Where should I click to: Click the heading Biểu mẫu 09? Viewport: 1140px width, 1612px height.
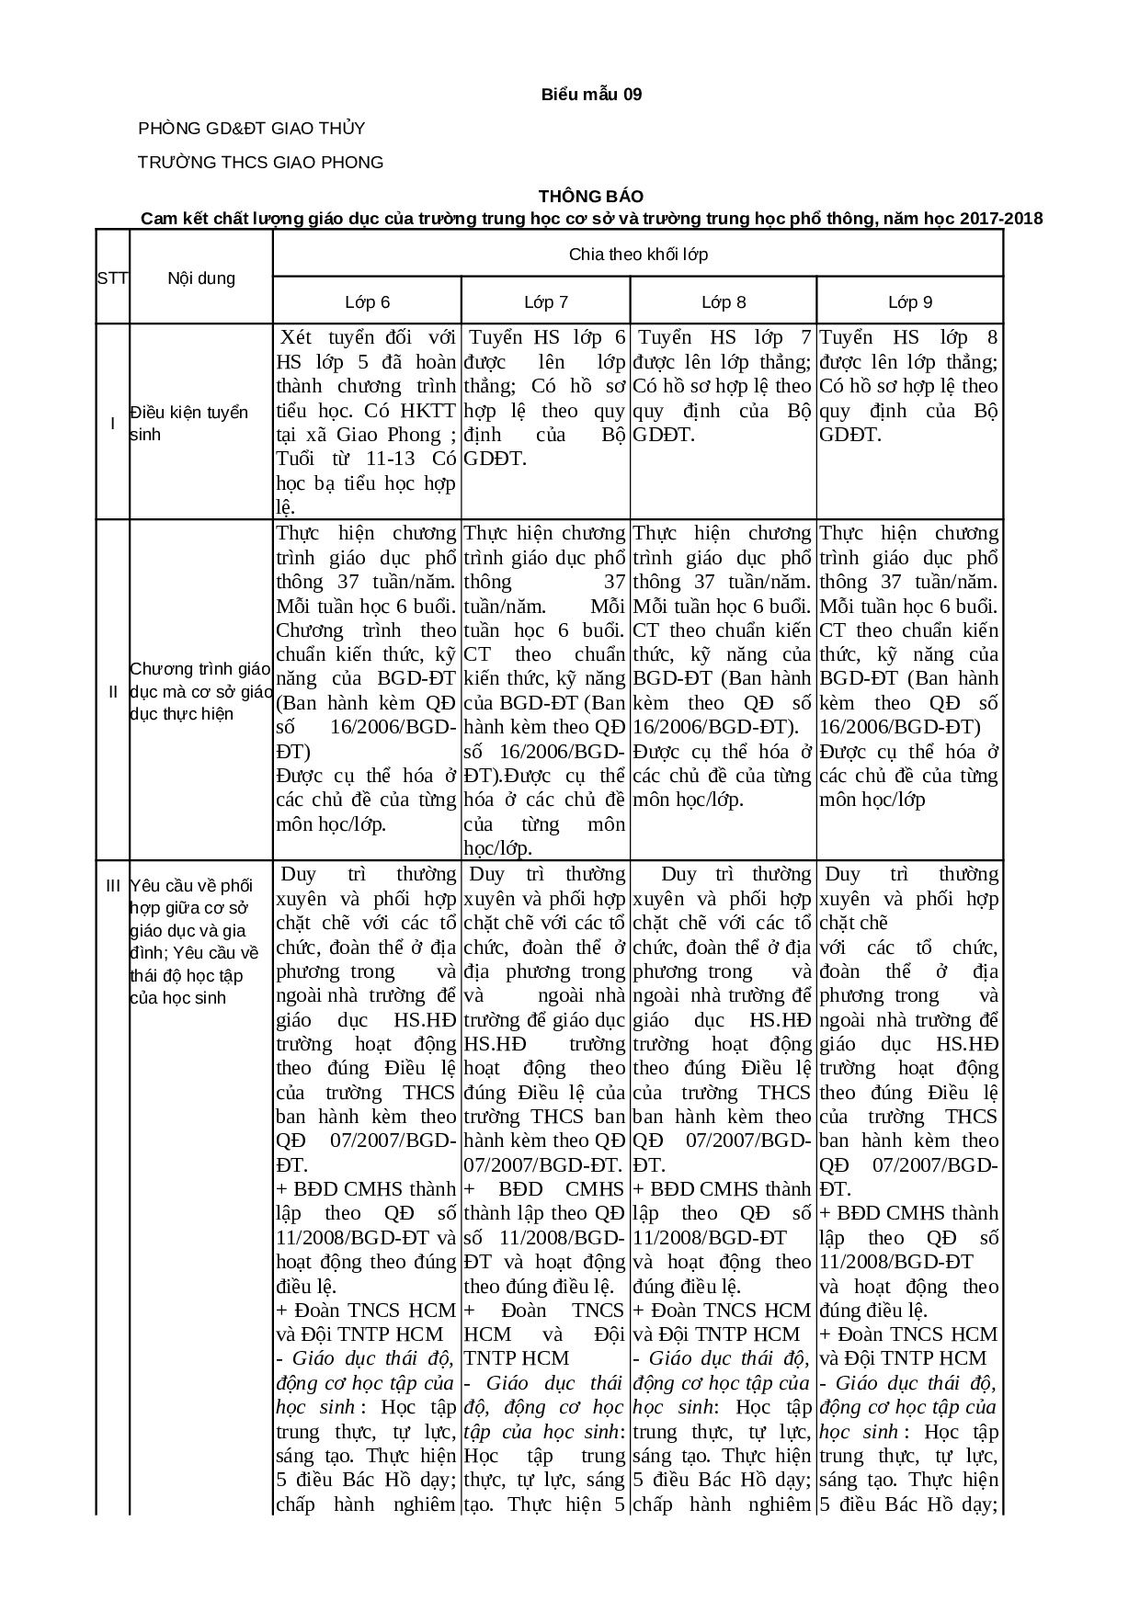(x=591, y=94)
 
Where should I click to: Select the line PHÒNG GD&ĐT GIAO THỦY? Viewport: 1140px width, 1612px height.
(x=251, y=129)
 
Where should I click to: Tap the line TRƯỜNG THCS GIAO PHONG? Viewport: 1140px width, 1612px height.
(x=260, y=163)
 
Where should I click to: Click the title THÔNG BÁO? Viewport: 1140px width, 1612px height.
(x=591, y=196)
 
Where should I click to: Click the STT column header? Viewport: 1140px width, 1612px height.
(x=112, y=278)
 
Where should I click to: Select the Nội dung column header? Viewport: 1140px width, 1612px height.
(x=201, y=278)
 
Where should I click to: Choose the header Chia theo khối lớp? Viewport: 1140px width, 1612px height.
(x=638, y=254)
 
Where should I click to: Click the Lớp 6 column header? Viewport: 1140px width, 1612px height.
(x=367, y=301)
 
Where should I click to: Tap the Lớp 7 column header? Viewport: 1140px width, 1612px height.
(x=546, y=301)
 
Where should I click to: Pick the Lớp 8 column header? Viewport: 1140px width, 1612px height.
(x=724, y=301)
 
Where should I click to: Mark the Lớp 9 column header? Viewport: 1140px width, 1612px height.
(x=910, y=301)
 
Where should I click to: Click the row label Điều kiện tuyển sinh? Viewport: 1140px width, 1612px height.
(x=188, y=423)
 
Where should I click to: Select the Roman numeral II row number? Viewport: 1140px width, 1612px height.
(x=112, y=691)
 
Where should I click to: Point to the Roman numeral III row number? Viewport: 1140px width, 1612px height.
(x=112, y=885)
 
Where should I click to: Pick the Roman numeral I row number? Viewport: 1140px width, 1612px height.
(x=112, y=423)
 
